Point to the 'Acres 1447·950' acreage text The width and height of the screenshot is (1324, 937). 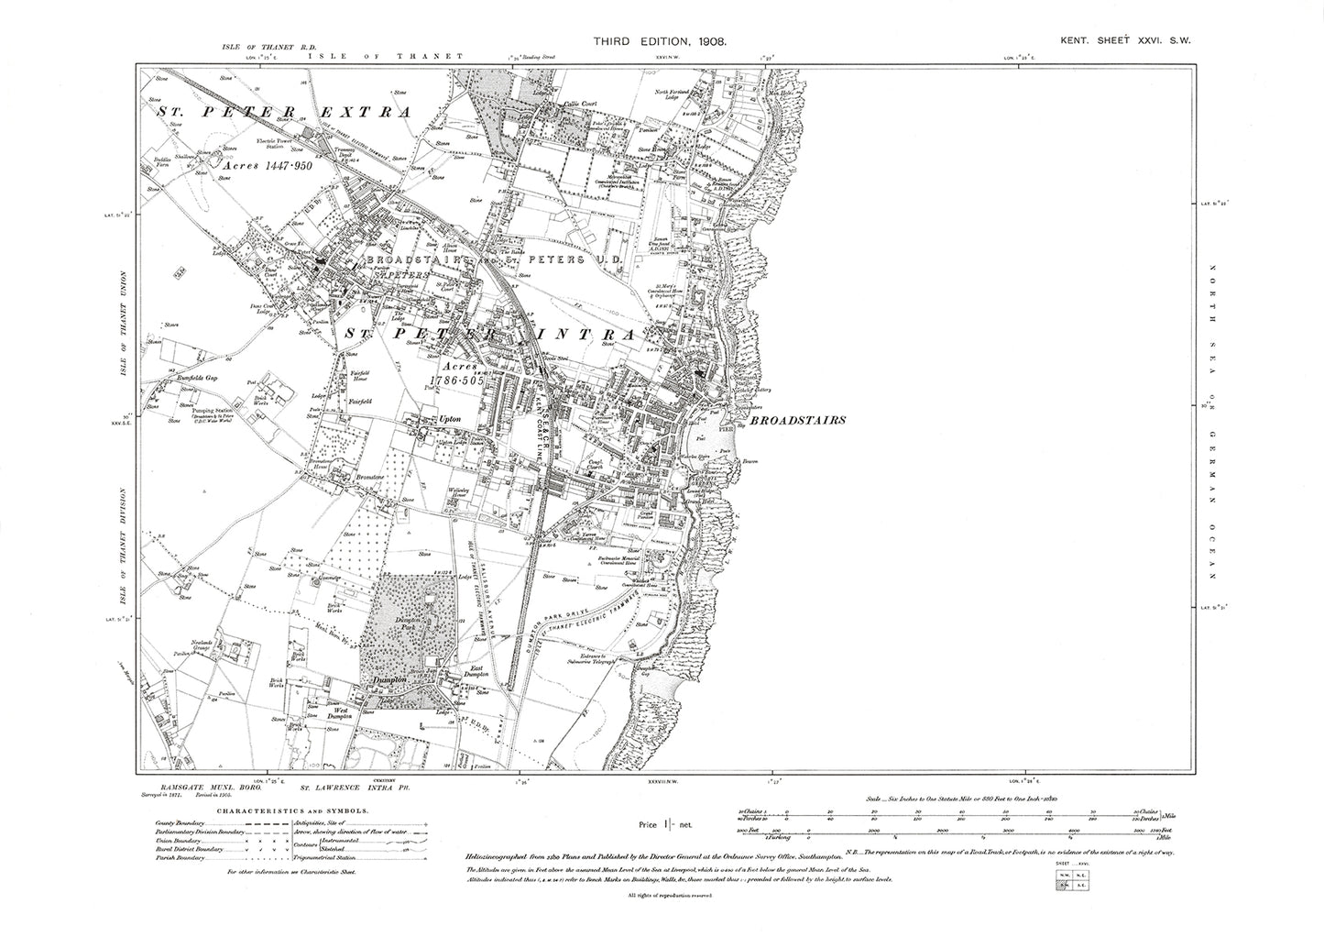point(267,169)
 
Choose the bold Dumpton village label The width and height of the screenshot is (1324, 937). point(391,681)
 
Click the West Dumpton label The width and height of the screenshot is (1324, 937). point(346,712)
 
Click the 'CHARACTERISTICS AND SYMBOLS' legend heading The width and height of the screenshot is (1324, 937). point(279,810)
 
